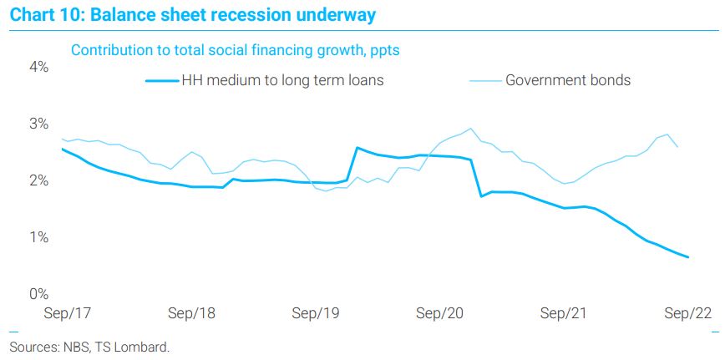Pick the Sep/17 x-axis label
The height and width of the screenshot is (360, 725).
(67, 313)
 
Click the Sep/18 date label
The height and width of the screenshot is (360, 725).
(191, 313)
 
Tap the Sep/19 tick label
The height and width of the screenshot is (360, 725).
(316, 313)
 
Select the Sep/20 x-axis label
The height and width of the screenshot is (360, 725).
(439, 313)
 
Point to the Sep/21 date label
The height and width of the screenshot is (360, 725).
(563, 313)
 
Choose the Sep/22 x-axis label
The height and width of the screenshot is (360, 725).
(687, 313)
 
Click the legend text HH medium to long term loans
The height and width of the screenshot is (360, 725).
(282, 80)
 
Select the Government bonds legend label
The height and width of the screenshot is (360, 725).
(568, 80)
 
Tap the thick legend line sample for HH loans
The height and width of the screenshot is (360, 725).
(162, 81)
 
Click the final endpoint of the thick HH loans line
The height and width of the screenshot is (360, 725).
(688, 257)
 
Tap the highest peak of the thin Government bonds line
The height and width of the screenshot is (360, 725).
(471, 129)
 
